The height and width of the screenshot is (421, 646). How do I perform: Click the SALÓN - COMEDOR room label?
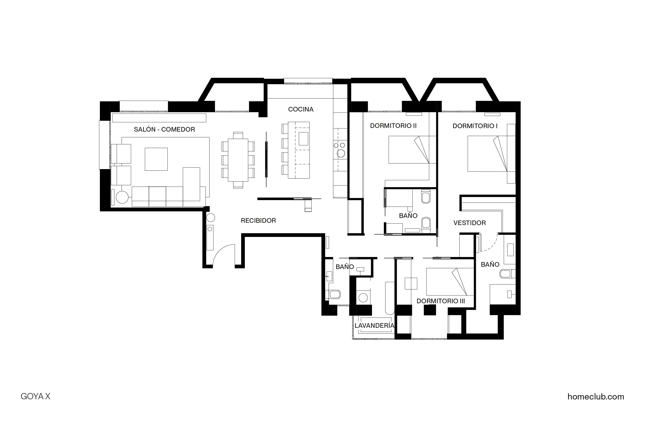pyautogui.click(x=164, y=130)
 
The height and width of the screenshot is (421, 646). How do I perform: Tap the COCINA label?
pyautogui.click(x=301, y=109)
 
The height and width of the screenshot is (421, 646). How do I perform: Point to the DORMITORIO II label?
pyautogui.click(x=393, y=126)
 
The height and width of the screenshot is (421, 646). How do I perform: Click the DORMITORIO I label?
pyautogui.click(x=475, y=126)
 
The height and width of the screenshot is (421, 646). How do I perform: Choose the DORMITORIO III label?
pyautogui.click(x=440, y=301)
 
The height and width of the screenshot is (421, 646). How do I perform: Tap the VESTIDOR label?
pyautogui.click(x=469, y=223)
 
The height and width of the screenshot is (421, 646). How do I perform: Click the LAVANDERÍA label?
pyautogui.click(x=374, y=326)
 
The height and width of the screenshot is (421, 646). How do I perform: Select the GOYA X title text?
pyautogui.click(x=36, y=396)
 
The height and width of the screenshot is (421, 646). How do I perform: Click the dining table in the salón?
pyautogui.click(x=238, y=160)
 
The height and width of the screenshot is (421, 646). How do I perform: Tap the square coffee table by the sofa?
pyautogui.click(x=156, y=159)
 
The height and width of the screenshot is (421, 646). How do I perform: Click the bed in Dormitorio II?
pyautogui.click(x=409, y=150)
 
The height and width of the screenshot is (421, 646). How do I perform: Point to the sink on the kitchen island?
pyautogui.click(x=303, y=139)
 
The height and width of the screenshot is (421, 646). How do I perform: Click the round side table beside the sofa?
pyautogui.click(x=122, y=197)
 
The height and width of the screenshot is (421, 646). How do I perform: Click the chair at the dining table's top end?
pyautogui.click(x=238, y=135)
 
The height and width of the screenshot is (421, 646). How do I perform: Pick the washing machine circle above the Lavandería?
pyautogui.click(x=363, y=298)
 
